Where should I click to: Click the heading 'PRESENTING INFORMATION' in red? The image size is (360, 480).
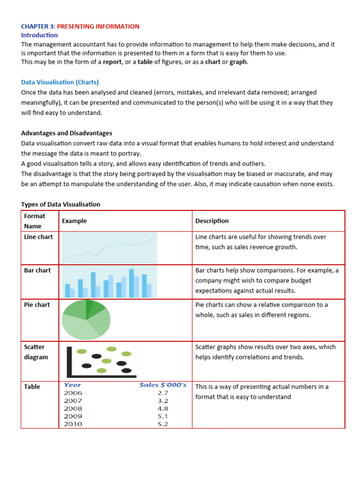click(x=98, y=26)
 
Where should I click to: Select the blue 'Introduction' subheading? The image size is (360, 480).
click(x=39, y=35)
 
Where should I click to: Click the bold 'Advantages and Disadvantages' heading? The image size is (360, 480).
click(x=67, y=133)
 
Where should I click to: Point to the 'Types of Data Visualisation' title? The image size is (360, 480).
click(x=60, y=204)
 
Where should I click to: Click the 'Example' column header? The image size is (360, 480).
click(x=74, y=221)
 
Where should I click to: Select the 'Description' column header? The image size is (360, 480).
click(x=212, y=221)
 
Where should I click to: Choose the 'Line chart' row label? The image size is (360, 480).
click(x=38, y=237)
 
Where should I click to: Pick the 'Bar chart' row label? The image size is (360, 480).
click(x=37, y=270)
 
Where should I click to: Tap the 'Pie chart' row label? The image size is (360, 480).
click(x=37, y=305)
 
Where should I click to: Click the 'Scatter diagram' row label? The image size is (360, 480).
click(x=36, y=352)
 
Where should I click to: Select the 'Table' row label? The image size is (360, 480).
click(x=32, y=387)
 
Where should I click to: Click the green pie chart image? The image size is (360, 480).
click(x=86, y=320)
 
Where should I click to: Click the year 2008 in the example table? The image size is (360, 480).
click(x=73, y=408)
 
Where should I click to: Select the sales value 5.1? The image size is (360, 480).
click(x=163, y=416)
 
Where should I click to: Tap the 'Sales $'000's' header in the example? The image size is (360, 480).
click(x=163, y=385)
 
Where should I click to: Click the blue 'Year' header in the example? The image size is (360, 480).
click(x=73, y=385)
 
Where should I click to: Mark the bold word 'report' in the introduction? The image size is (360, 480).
click(x=112, y=62)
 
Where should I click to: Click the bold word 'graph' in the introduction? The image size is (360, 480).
click(x=238, y=62)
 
